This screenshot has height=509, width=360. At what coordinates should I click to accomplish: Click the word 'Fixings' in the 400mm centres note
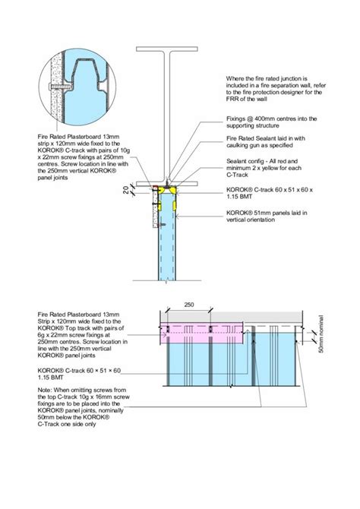[x=238, y=119]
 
